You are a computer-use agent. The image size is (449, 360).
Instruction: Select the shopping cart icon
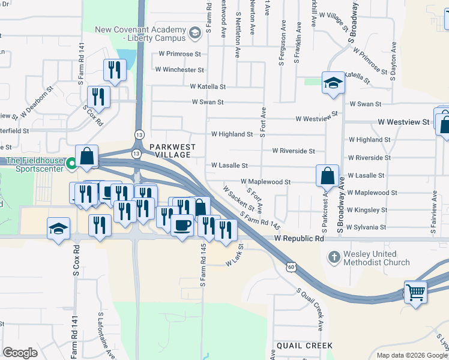click(x=415, y=293)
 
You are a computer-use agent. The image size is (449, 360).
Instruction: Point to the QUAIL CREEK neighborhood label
click(x=304, y=346)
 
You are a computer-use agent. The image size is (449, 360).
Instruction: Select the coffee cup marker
click(x=182, y=226)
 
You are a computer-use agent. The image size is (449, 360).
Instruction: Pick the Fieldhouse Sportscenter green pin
click(x=72, y=162)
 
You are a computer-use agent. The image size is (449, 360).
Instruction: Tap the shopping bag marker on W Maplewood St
click(x=328, y=176)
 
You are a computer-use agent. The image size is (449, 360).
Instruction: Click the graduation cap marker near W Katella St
click(x=333, y=83)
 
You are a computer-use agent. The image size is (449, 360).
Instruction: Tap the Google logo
click(x=20, y=353)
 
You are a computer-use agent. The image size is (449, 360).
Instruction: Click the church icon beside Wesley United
click(x=334, y=257)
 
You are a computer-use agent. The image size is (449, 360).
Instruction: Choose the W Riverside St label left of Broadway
click(x=293, y=151)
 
